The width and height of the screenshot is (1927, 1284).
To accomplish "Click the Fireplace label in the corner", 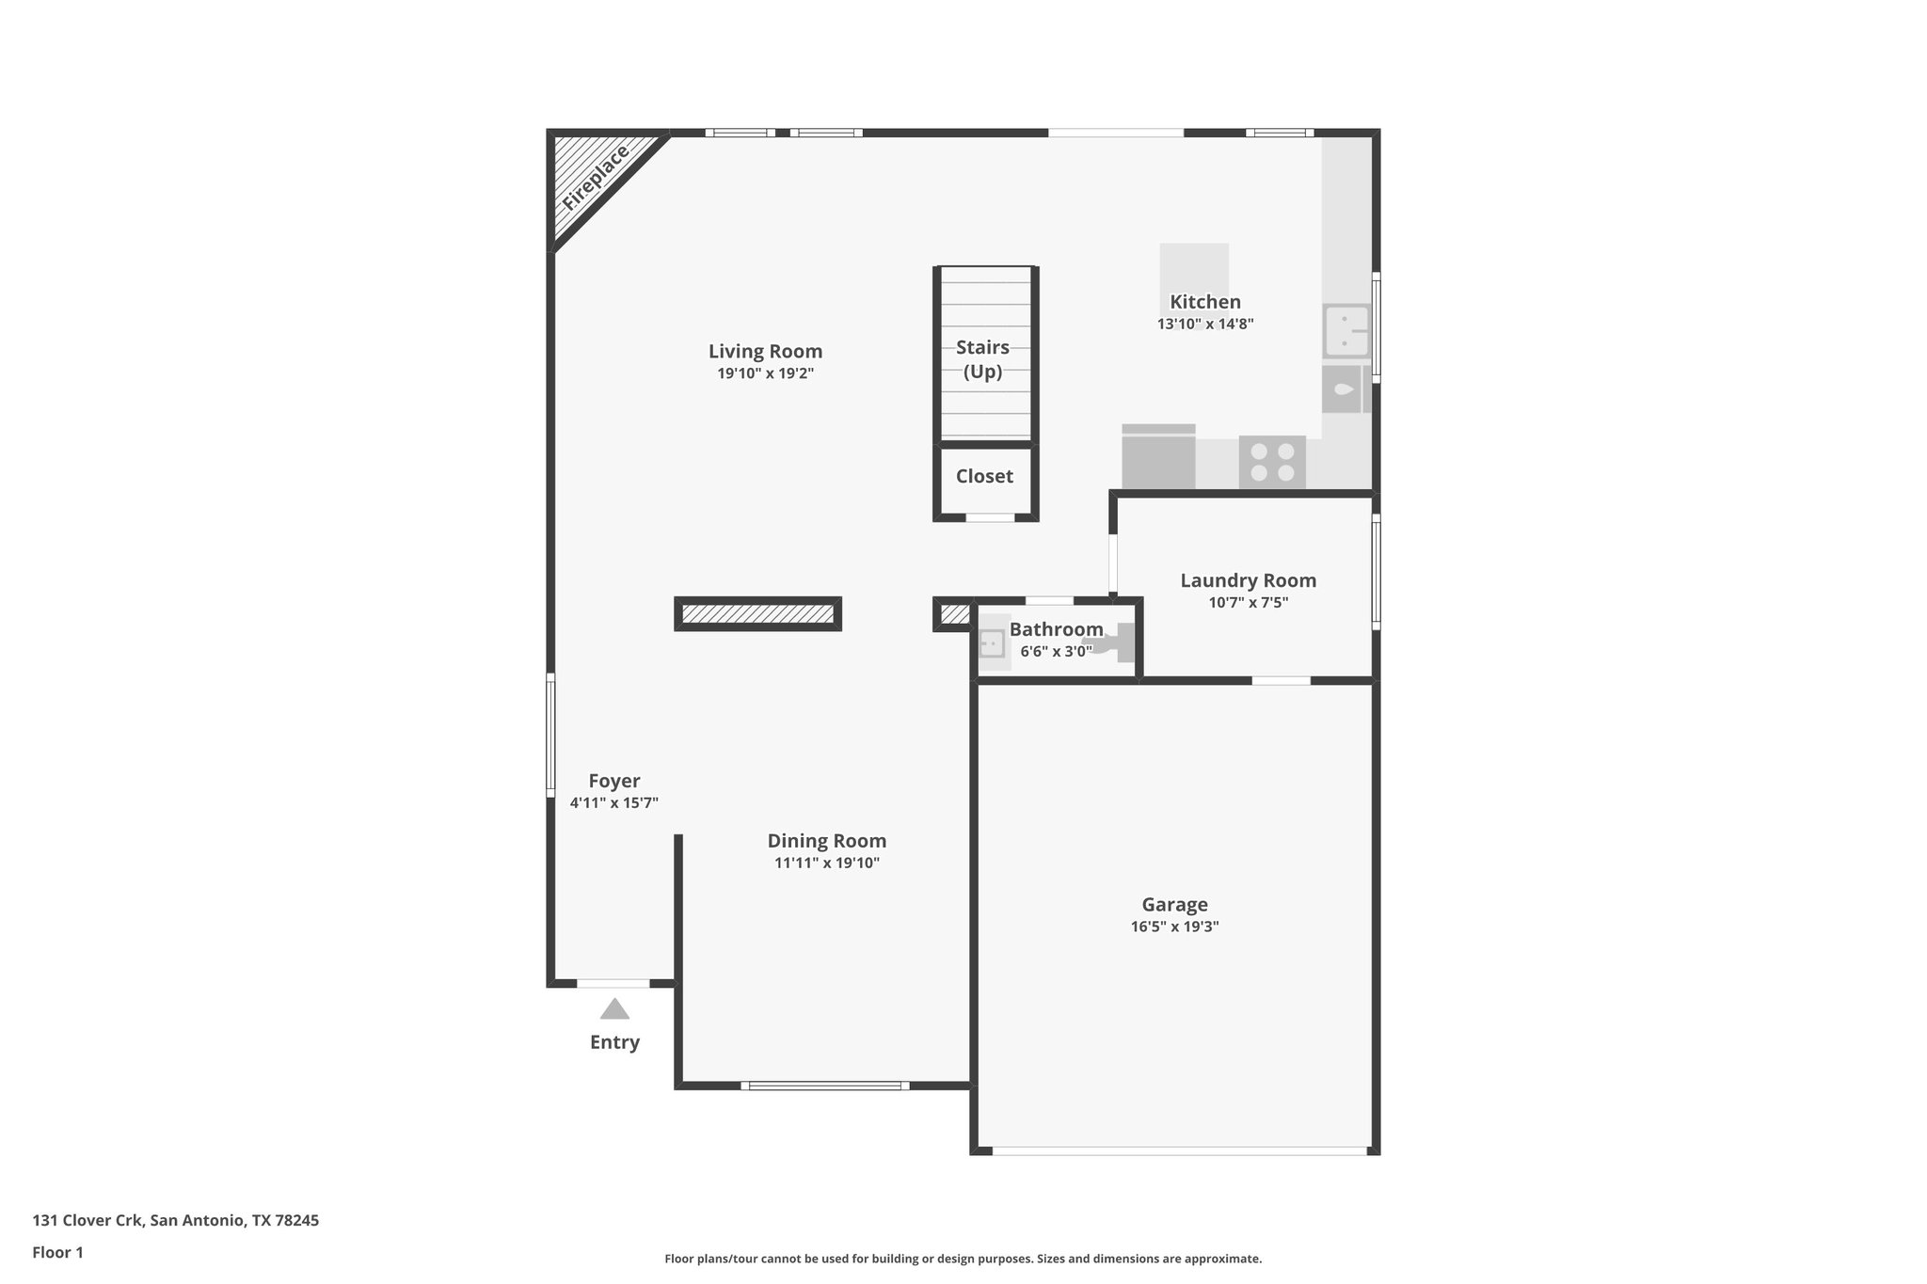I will coord(596,178).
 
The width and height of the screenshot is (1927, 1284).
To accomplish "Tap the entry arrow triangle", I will coord(614,1009).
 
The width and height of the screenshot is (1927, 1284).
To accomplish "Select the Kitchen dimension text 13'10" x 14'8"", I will coord(1205,325).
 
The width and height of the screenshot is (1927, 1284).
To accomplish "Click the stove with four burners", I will coord(1272,462).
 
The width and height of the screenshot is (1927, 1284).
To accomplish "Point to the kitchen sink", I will coord(1346,330).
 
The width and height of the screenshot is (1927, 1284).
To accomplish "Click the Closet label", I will coord(984,477).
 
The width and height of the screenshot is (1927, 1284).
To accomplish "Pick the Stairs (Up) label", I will coord(983,359).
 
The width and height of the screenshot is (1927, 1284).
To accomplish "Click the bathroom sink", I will coord(993,643).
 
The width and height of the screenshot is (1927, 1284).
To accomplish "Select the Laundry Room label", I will coord(1248,581).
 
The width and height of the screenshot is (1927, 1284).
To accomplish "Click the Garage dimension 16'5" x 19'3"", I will coord(1174,927).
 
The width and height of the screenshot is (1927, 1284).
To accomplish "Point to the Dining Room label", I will coord(826,842).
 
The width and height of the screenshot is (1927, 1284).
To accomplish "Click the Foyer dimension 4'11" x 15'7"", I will coord(613,803).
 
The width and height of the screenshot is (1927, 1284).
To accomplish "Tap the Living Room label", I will coord(765,352).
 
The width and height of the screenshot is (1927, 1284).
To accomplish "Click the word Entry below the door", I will coord(614,1042).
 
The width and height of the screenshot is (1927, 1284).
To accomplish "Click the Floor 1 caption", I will coord(58,1253).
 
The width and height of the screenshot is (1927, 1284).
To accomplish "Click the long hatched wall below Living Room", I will coord(757,614).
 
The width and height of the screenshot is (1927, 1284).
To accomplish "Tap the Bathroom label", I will coord(1056,629).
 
